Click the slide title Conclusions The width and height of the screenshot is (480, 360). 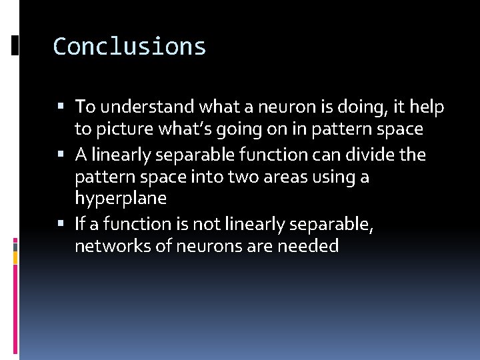click(129, 47)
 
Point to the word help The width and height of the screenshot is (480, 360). click(427, 107)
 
